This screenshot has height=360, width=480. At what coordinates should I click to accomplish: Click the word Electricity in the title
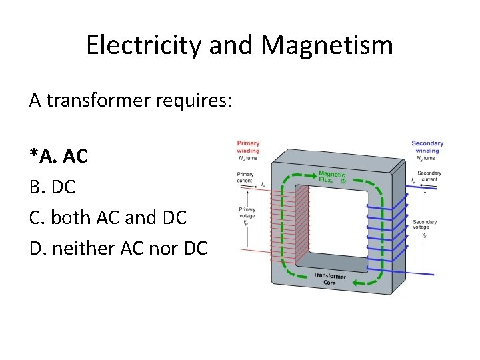[x=144, y=45]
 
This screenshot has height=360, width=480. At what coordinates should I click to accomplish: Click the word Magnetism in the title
[x=327, y=45]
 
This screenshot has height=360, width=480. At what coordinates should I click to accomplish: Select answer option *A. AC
[x=59, y=156]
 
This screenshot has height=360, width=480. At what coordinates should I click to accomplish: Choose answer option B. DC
[x=53, y=187]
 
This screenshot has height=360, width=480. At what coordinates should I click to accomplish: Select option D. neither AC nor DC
[x=119, y=249]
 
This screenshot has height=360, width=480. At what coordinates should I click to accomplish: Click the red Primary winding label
[x=248, y=147]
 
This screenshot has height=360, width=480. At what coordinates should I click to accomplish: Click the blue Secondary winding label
[x=427, y=147]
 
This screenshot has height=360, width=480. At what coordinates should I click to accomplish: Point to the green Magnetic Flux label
[x=331, y=177]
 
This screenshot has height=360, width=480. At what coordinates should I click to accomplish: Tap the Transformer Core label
[x=329, y=279]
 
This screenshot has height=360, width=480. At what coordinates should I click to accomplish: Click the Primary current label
[x=245, y=178]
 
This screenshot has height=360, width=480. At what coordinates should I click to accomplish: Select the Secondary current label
[x=429, y=176]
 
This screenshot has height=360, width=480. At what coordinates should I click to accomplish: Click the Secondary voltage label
[x=425, y=225]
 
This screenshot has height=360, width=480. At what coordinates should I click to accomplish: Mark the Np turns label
[x=248, y=159]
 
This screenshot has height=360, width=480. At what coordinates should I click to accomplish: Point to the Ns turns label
[x=427, y=159]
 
